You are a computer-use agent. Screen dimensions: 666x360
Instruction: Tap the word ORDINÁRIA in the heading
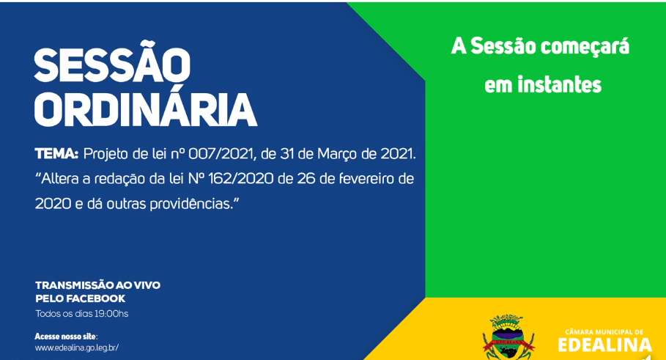coord(146,110)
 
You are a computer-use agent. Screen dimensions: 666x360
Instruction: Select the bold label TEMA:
coord(56,153)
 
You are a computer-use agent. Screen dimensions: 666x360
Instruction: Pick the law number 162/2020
coord(241,178)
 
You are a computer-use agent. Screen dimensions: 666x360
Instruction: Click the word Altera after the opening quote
coord(60,178)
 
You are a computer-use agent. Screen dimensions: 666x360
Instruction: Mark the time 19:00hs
coord(112,314)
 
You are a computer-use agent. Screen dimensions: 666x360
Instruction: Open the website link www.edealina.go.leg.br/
coord(77,348)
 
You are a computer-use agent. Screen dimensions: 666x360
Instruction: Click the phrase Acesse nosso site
coord(65,337)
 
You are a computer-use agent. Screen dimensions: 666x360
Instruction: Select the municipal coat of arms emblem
coord(508,337)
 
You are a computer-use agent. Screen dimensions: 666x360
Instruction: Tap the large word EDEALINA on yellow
coord(604,345)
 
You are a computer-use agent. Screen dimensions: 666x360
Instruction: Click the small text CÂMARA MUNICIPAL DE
coord(604,332)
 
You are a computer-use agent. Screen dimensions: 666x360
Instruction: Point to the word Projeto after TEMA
coord(106,154)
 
